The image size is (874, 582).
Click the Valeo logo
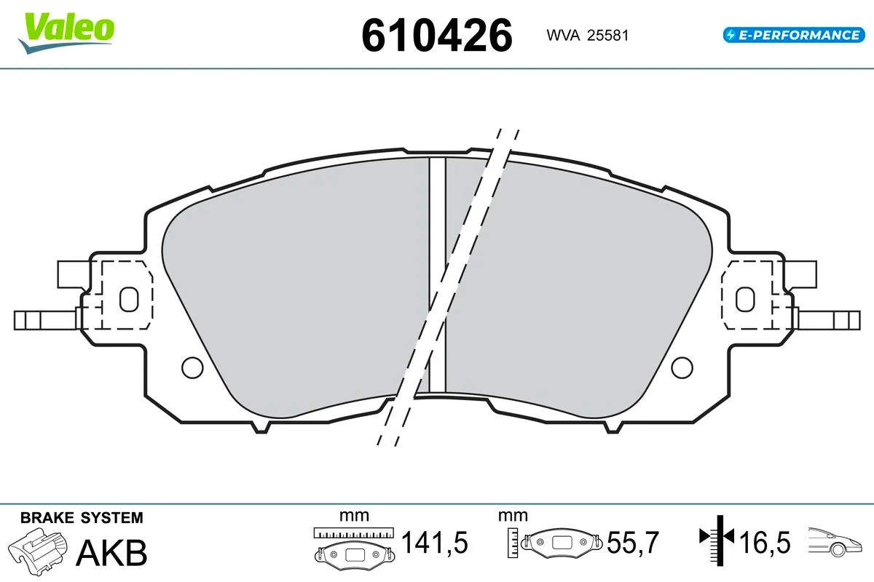coord(66,34)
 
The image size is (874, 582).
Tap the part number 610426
coord(436,36)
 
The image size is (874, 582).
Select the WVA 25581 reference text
coord(587,36)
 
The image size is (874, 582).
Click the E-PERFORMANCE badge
coord(794,35)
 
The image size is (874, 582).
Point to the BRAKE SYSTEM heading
coord(82,518)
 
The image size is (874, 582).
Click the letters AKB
coord(111,552)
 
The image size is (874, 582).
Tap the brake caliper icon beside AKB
coord(38,550)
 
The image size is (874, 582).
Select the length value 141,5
coord(434,543)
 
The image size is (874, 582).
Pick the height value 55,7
coord(633,543)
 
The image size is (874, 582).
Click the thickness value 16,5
coord(765,543)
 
